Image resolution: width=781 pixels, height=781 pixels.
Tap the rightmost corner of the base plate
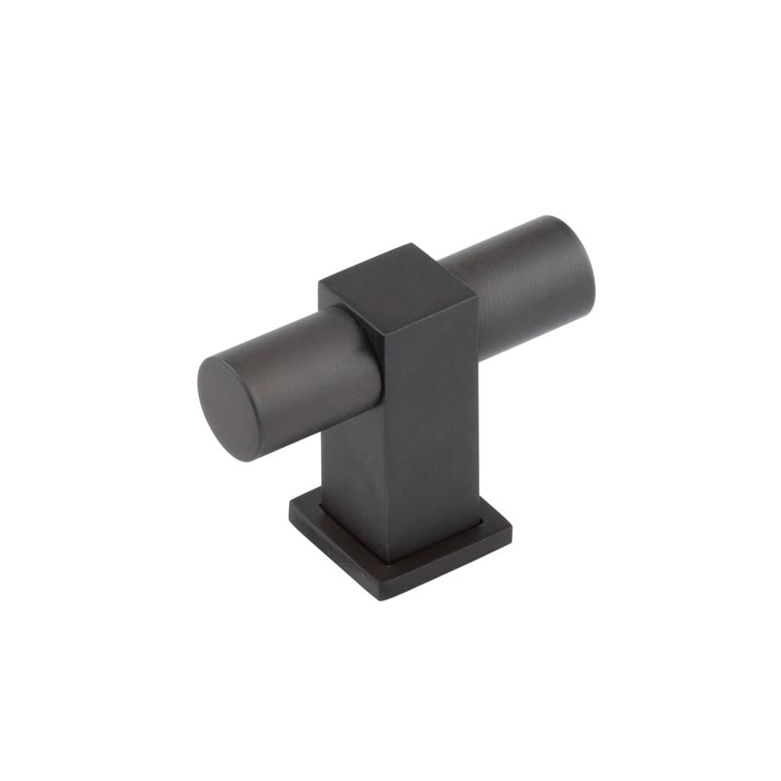point(512,527)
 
